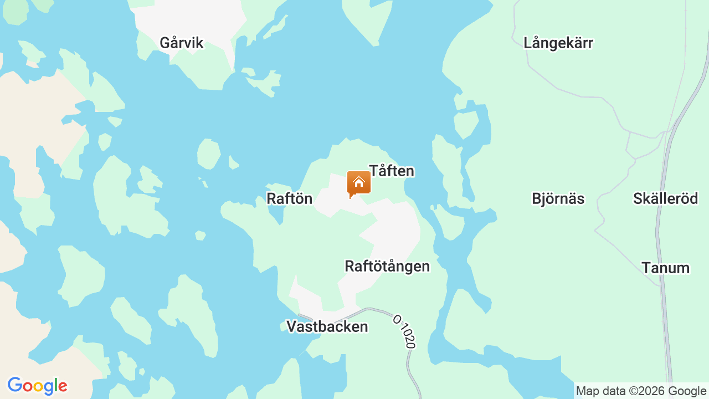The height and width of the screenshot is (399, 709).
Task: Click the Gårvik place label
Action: [182, 43]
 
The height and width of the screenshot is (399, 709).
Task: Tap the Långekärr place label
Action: [558, 43]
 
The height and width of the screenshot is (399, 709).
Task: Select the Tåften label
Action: [392, 171]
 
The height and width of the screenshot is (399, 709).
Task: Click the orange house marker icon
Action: [358, 183]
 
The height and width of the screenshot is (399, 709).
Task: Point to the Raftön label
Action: [290, 198]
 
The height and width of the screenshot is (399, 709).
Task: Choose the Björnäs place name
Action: [558, 198]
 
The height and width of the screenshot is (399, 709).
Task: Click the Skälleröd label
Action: [665, 198]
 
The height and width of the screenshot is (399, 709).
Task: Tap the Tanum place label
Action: [665, 268]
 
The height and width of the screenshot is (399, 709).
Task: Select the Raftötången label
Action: [387, 266]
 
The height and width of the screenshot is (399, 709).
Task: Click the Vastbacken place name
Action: [327, 326]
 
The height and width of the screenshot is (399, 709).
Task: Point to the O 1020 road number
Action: [404, 331]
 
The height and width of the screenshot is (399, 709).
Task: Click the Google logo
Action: [37, 386]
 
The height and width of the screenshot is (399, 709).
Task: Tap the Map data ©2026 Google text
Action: [641, 391]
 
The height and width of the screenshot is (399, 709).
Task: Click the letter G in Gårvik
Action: [165, 43]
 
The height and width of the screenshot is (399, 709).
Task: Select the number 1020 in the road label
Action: [406, 336]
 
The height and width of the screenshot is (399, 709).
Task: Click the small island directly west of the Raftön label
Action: [208, 154]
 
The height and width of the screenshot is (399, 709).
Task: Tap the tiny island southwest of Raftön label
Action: [200, 236]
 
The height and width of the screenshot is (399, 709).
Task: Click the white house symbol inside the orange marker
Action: [358, 181]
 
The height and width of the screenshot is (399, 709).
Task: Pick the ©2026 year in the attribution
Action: [646, 391]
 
